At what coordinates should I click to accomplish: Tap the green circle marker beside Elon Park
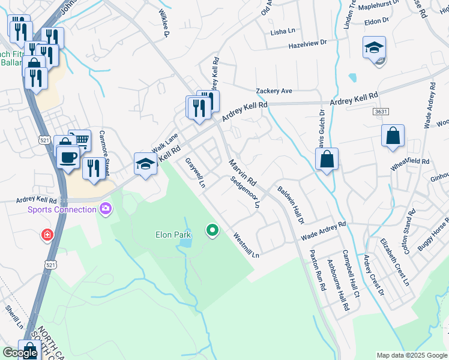pyautogui.click(x=212, y=230)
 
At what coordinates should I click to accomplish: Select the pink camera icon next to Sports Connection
pyautogui.click(x=106, y=209)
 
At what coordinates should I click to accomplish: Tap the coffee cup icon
pyautogui.click(x=67, y=157)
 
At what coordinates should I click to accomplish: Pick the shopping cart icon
pyautogui.click(x=79, y=140)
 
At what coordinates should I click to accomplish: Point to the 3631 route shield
pyautogui.click(x=379, y=112)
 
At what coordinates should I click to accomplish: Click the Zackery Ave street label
pyautogui.click(x=274, y=91)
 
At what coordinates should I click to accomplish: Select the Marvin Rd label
pyautogui.click(x=242, y=172)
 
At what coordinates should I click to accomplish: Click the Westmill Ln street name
pyautogui.click(x=246, y=245)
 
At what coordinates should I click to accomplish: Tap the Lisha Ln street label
pyautogui.click(x=283, y=31)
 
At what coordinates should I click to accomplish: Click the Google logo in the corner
pyautogui.click(x=20, y=353)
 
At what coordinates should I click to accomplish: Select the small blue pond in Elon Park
pyautogui.click(x=185, y=242)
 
